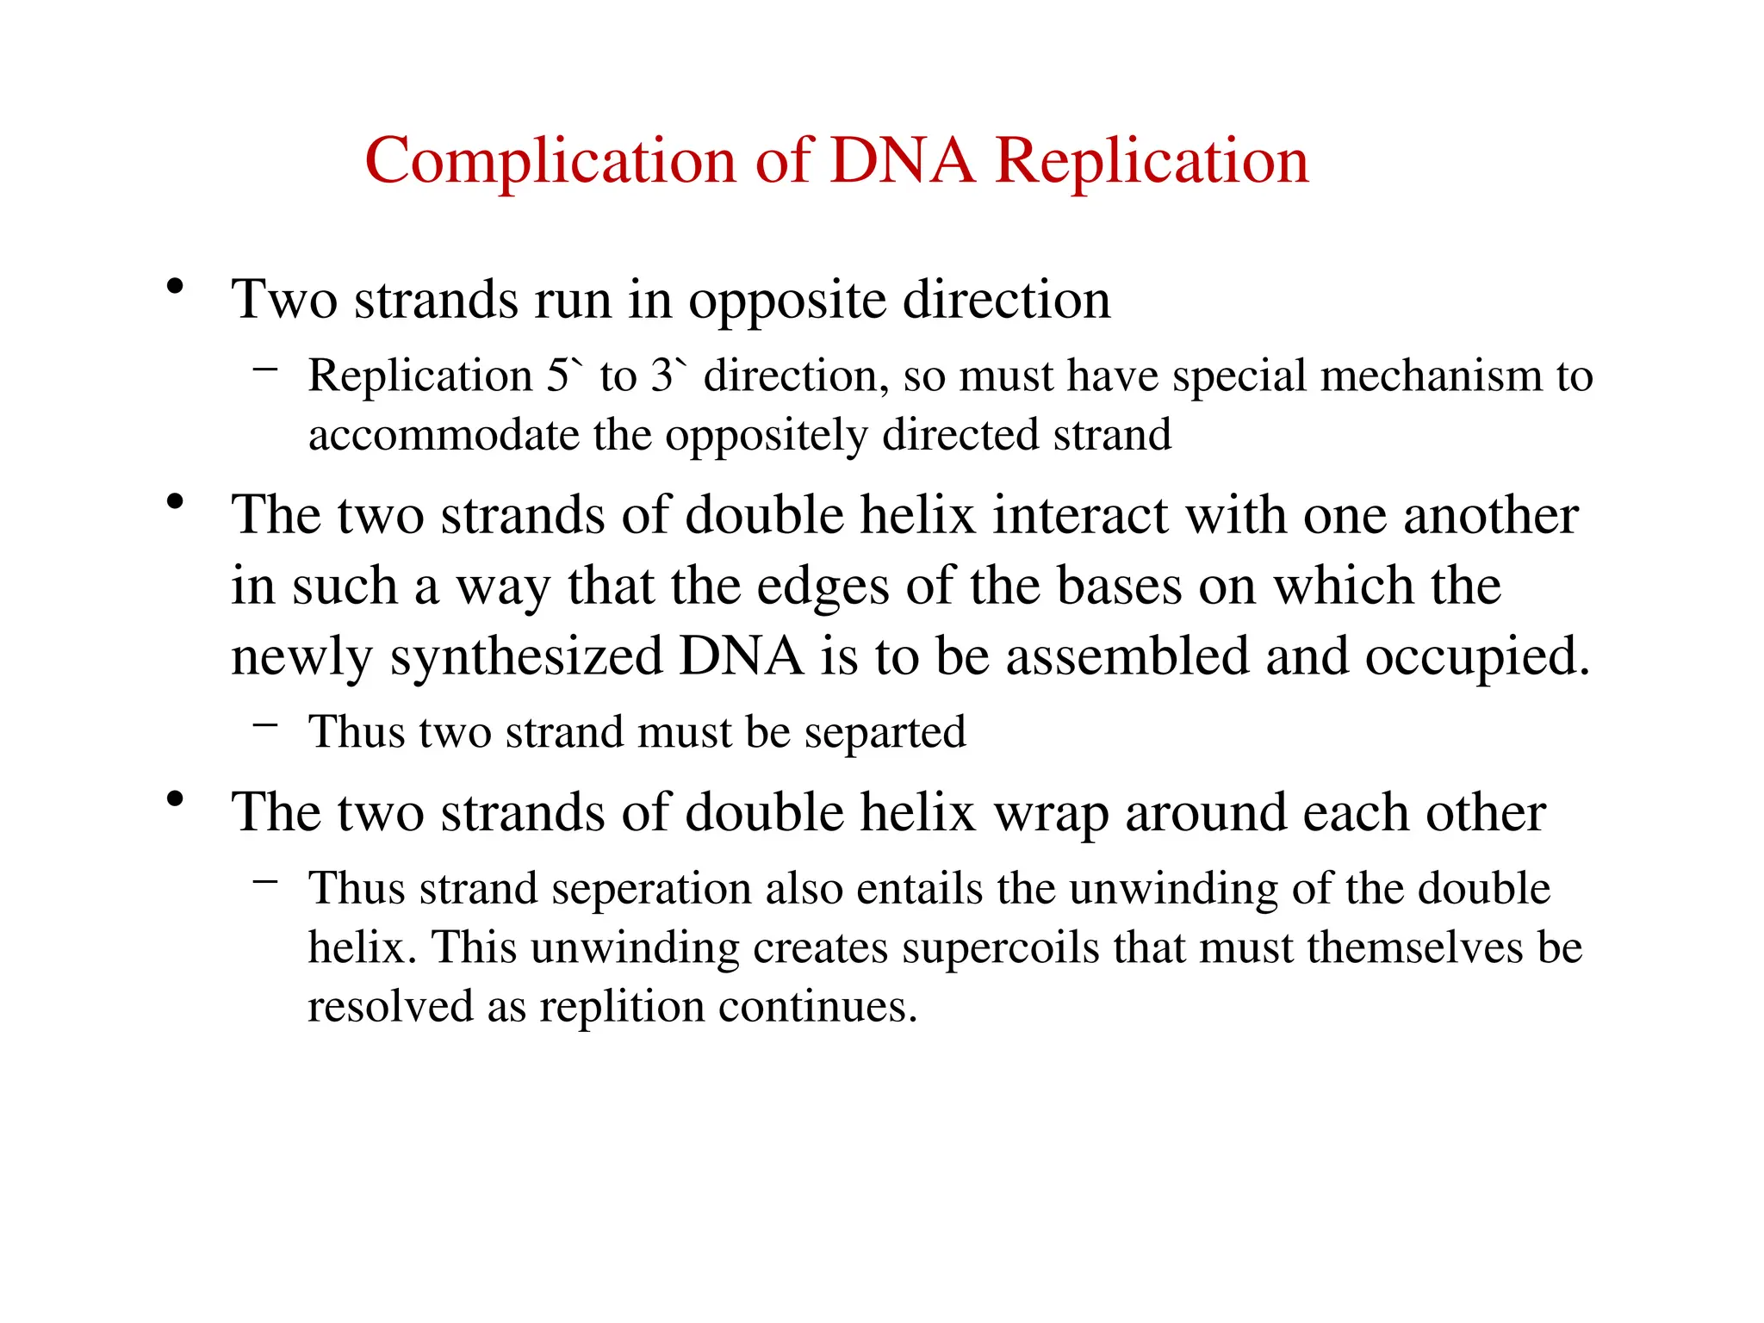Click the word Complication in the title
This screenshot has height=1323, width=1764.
[550, 162]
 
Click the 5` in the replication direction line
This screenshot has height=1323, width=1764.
[565, 376]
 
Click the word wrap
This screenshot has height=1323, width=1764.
[1051, 814]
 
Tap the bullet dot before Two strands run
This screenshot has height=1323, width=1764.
[176, 287]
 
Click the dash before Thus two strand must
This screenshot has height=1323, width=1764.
[265, 724]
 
